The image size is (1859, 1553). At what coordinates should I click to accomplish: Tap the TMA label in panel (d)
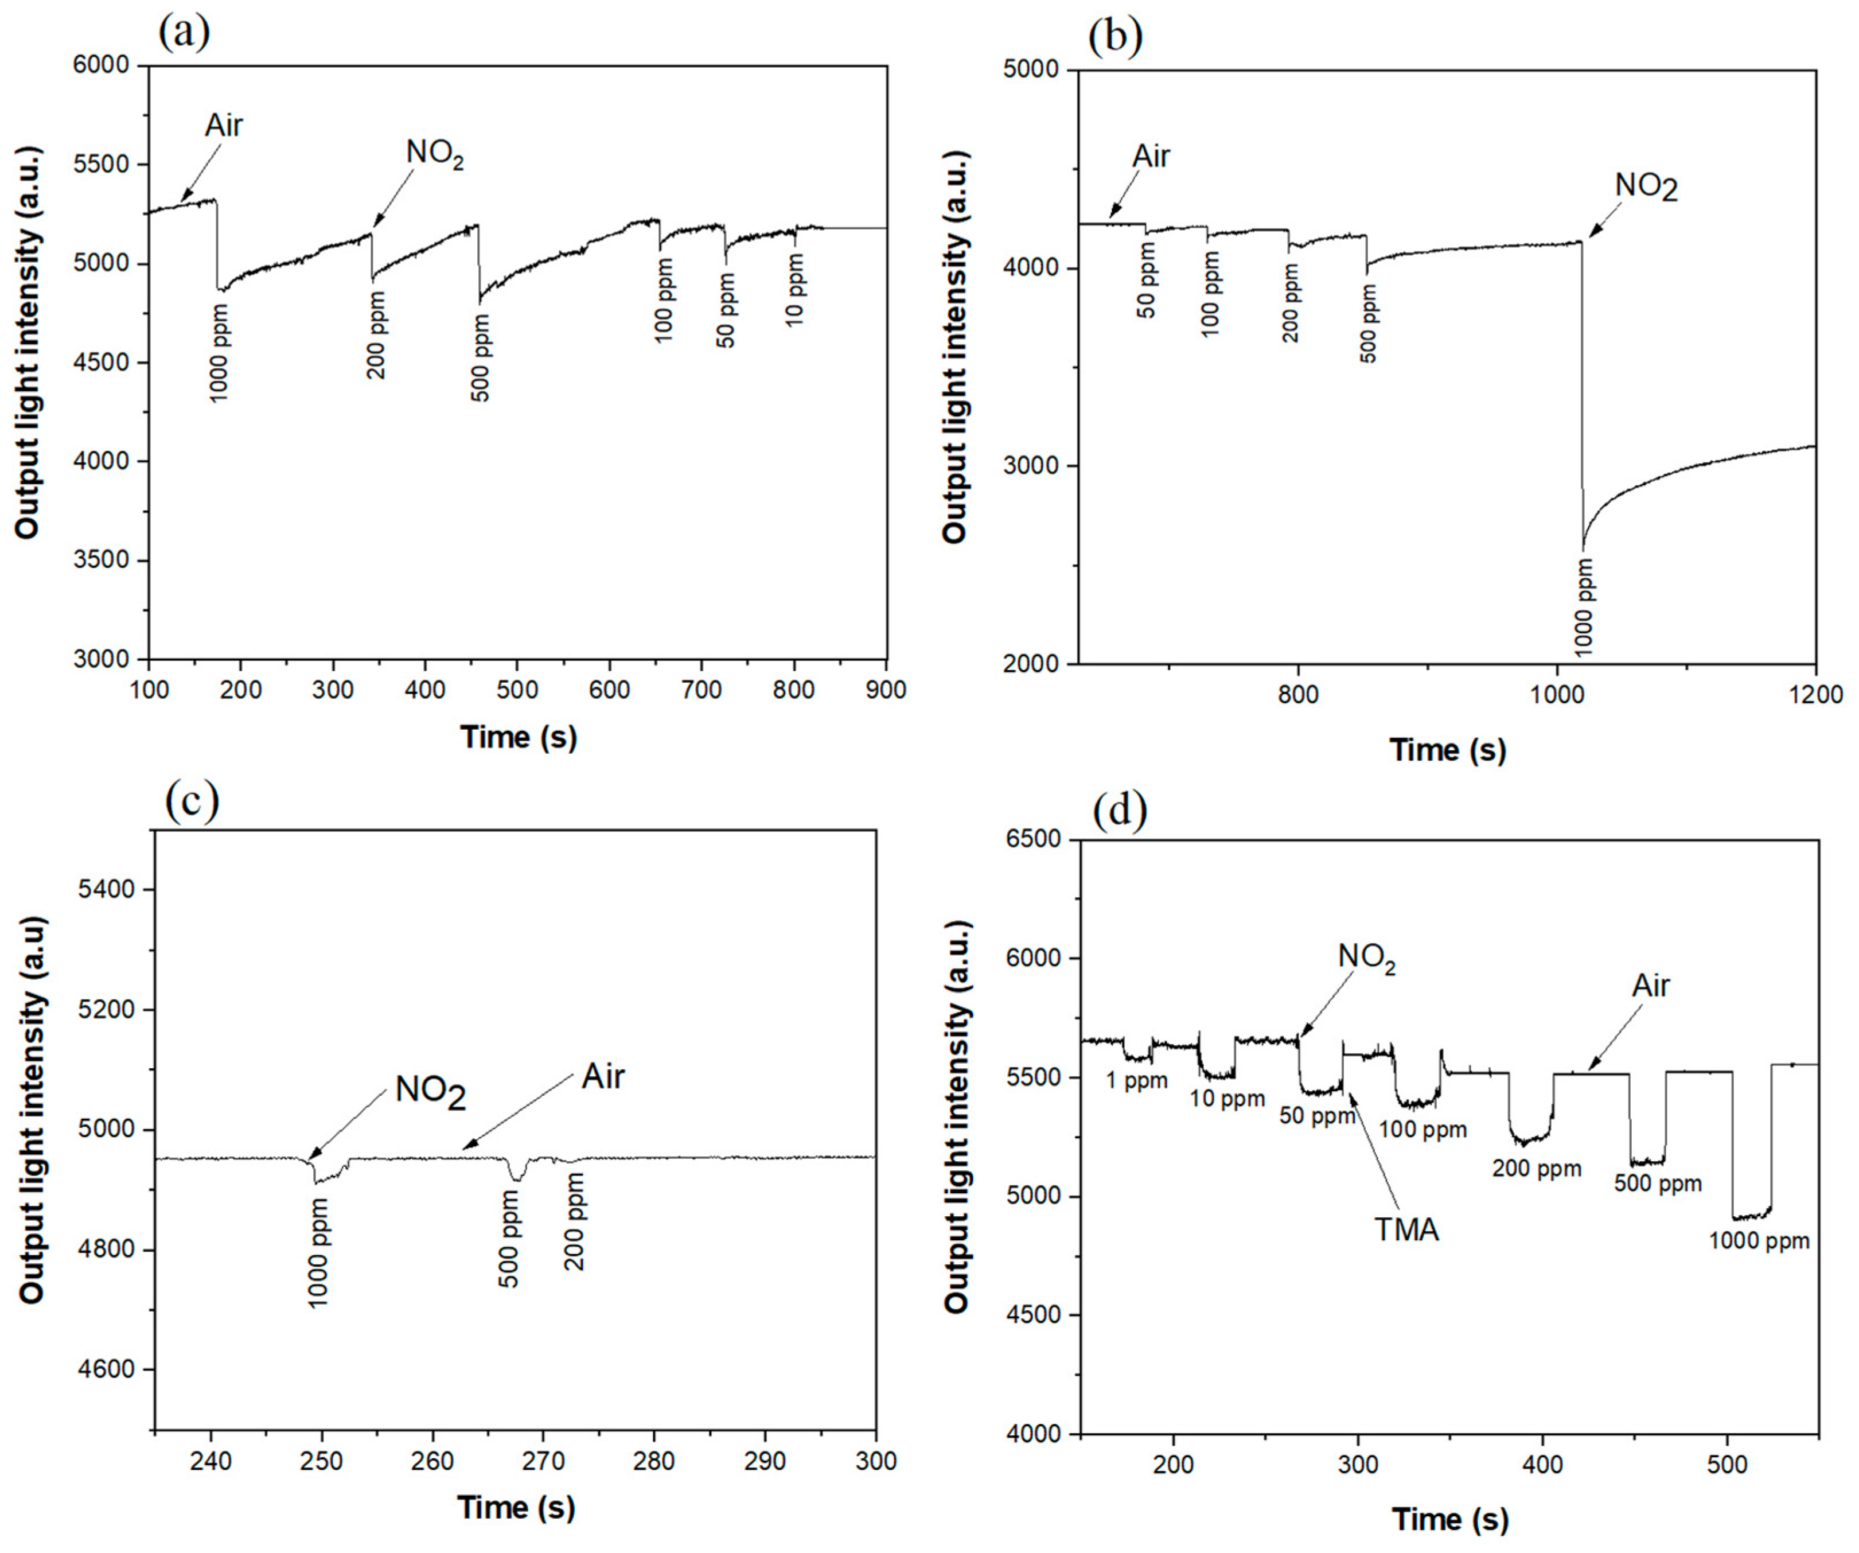[x=1406, y=1230]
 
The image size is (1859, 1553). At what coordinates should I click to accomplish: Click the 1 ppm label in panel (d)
[x=1137, y=1080]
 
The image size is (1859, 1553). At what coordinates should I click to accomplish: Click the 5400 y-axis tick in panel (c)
[x=107, y=889]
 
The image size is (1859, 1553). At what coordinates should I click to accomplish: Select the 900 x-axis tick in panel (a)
[x=885, y=690]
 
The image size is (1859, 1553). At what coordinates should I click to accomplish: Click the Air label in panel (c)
[x=603, y=1077]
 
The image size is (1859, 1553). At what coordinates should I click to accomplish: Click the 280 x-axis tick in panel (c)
[x=654, y=1461]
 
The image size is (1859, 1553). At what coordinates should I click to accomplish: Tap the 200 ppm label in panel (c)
[x=575, y=1222]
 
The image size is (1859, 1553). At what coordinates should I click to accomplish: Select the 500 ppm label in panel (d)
[x=1657, y=1183]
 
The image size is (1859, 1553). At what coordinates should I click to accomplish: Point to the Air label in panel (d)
[x=1650, y=986]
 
